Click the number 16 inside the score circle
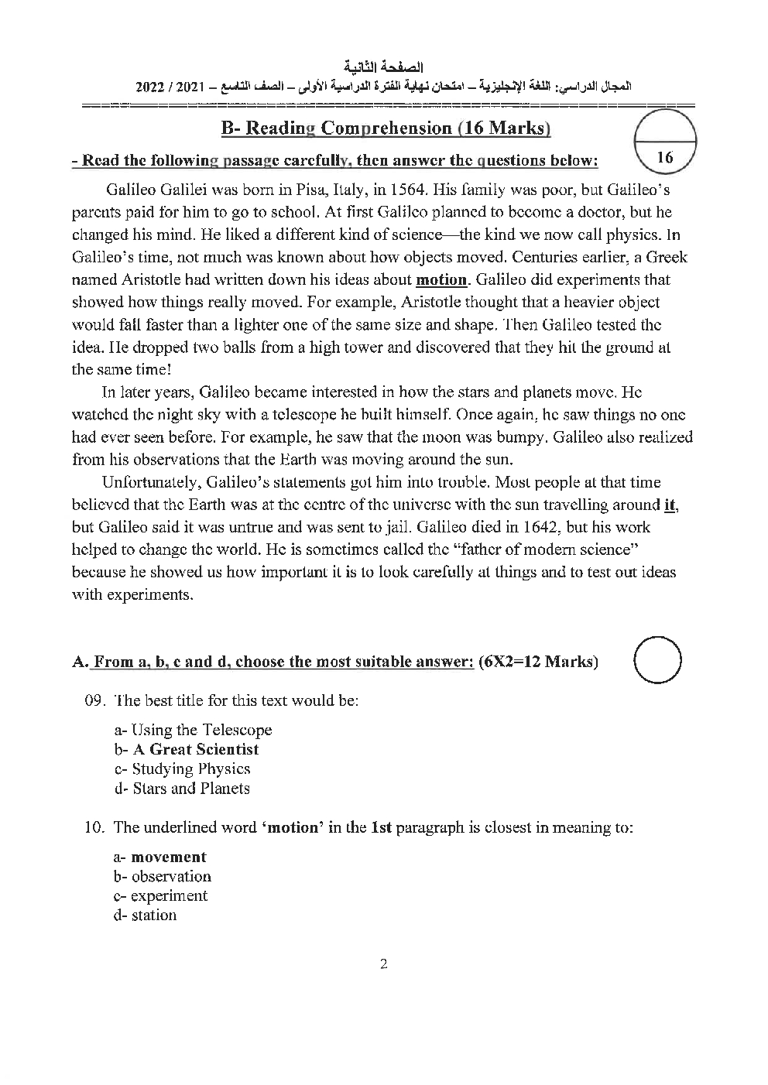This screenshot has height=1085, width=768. pyautogui.click(x=664, y=158)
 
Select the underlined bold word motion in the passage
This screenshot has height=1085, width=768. pyautogui.click(x=442, y=279)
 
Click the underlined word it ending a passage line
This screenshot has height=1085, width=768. pyautogui.click(x=672, y=505)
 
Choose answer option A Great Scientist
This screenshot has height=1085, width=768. pyautogui.click(x=196, y=749)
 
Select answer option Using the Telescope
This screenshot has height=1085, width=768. pyautogui.click(x=201, y=730)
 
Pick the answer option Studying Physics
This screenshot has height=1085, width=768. pyautogui.click(x=190, y=768)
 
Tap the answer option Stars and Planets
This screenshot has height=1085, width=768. pyautogui.click(x=191, y=788)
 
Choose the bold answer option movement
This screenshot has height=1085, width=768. pyautogui.click(x=168, y=857)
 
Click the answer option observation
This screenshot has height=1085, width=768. pyautogui.click(x=170, y=876)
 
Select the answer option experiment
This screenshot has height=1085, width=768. pyautogui.click(x=169, y=895)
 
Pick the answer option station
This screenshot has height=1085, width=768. pyautogui.click(x=153, y=915)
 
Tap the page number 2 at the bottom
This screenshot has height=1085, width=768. pyautogui.click(x=383, y=963)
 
